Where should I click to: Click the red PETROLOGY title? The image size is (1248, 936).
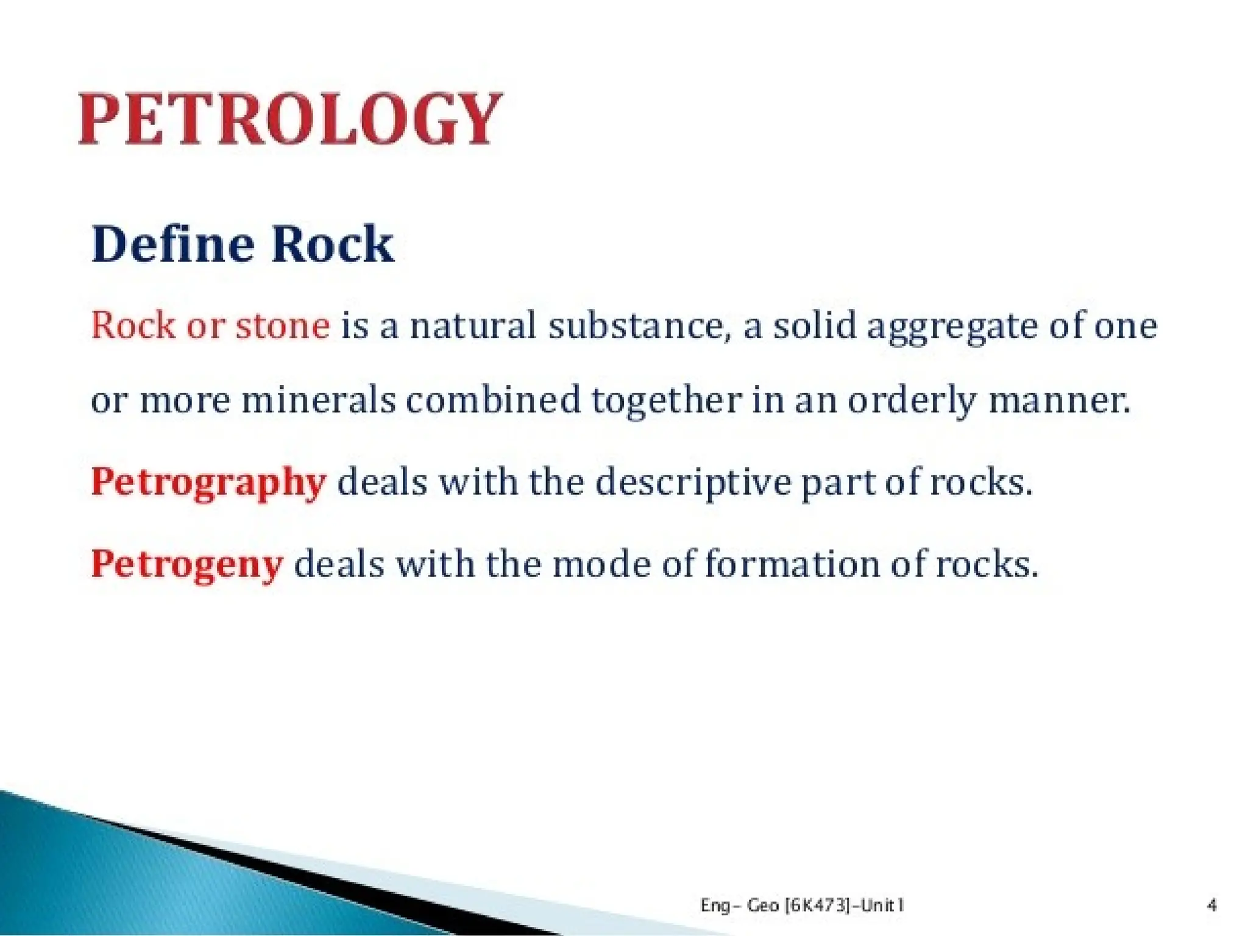coord(290,119)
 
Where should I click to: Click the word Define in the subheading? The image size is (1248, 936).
coord(172,244)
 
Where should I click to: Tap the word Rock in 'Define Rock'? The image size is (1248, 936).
coord(332,244)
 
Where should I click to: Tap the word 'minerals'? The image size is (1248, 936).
coord(319,401)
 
